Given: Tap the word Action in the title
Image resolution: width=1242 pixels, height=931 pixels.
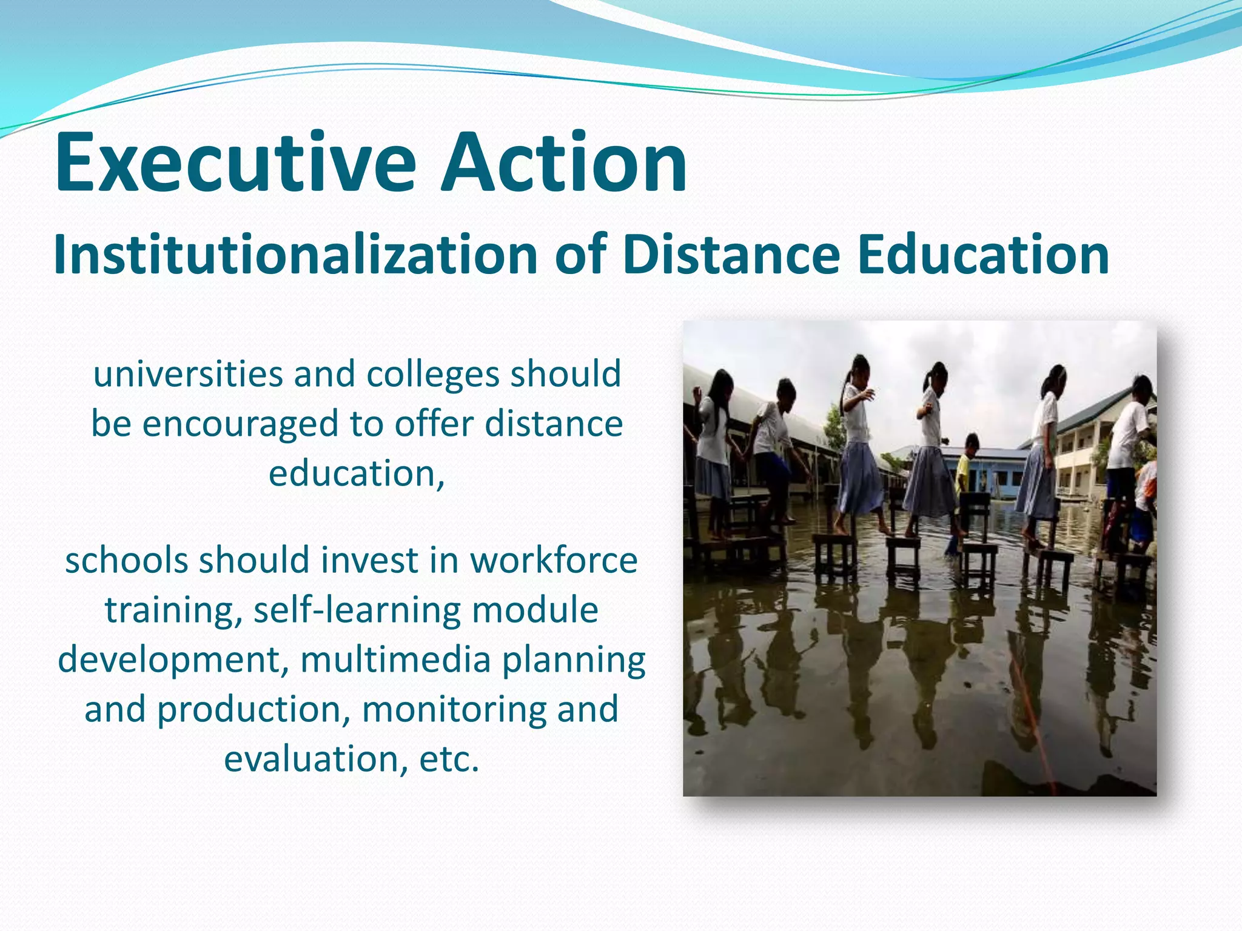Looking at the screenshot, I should pyautogui.click(x=564, y=162).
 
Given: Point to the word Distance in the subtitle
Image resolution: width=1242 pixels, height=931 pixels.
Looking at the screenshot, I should pyautogui.click(x=731, y=255).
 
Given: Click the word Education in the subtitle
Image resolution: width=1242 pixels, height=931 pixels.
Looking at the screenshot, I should pyautogui.click(x=983, y=255).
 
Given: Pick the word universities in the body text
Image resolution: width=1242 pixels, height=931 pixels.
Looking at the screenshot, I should pyautogui.click(x=188, y=373).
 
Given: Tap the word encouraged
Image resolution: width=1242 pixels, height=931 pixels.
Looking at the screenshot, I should pyautogui.click(x=240, y=424).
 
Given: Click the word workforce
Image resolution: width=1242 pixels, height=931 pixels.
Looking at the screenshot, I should pyautogui.click(x=554, y=560).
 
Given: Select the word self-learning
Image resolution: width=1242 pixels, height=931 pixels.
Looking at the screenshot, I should pyautogui.click(x=357, y=610).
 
